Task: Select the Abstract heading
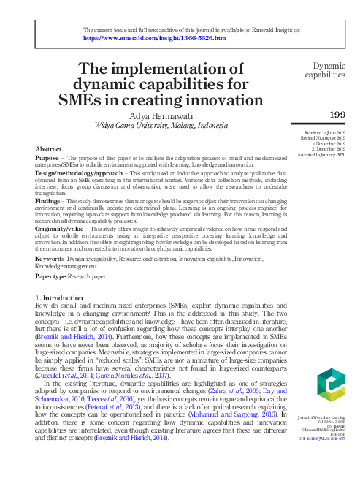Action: point(49,149)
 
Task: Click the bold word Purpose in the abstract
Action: point(48,159)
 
